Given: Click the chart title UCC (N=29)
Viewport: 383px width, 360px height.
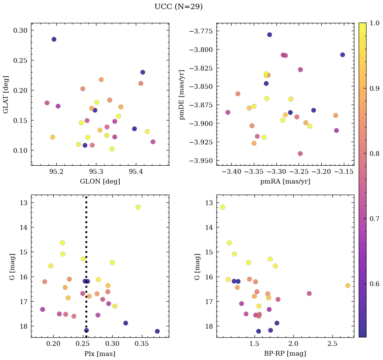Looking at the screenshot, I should pyautogui.click(x=178, y=7).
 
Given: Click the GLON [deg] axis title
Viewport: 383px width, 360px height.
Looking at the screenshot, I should pyautogui.click(x=100, y=182).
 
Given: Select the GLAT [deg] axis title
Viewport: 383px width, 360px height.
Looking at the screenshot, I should pyautogui.click(x=6, y=94).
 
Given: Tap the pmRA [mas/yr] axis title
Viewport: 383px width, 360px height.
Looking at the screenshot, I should pyautogui.click(x=285, y=182).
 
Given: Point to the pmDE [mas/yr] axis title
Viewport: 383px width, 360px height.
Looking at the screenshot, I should pyautogui.click(x=182, y=94).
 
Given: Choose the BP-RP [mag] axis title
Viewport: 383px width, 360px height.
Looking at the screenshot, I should pyautogui.click(x=285, y=354).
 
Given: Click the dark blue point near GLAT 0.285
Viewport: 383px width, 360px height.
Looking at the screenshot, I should pyautogui.click(x=54, y=39).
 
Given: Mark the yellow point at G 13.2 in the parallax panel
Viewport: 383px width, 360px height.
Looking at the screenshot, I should pyautogui.click(x=138, y=207).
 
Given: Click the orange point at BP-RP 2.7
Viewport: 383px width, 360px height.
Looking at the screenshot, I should pyautogui.click(x=348, y=286).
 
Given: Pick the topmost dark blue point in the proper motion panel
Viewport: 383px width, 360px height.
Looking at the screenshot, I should pyautogui.click(x=269, y=35).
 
